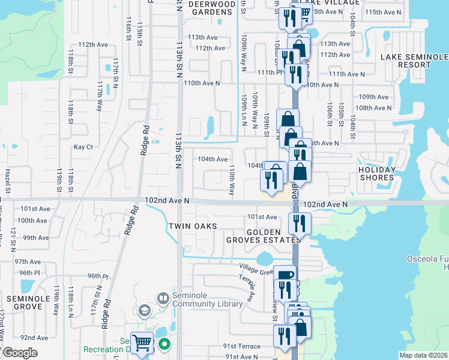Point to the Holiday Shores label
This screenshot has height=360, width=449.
[378, 173]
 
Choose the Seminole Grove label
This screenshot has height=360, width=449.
[23, 302]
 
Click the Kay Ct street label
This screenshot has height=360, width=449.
[83, 147]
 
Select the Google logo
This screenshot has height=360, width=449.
[19, 352]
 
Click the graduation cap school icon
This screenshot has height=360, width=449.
[144, 310]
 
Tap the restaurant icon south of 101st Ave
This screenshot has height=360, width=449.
[298, 223]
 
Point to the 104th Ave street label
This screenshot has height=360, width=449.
[213, 159]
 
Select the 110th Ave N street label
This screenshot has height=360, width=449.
[202, 83]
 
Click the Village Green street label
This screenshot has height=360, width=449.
[256, 271]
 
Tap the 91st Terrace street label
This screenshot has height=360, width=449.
[242, 346]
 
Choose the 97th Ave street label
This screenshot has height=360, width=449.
[28, 262]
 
